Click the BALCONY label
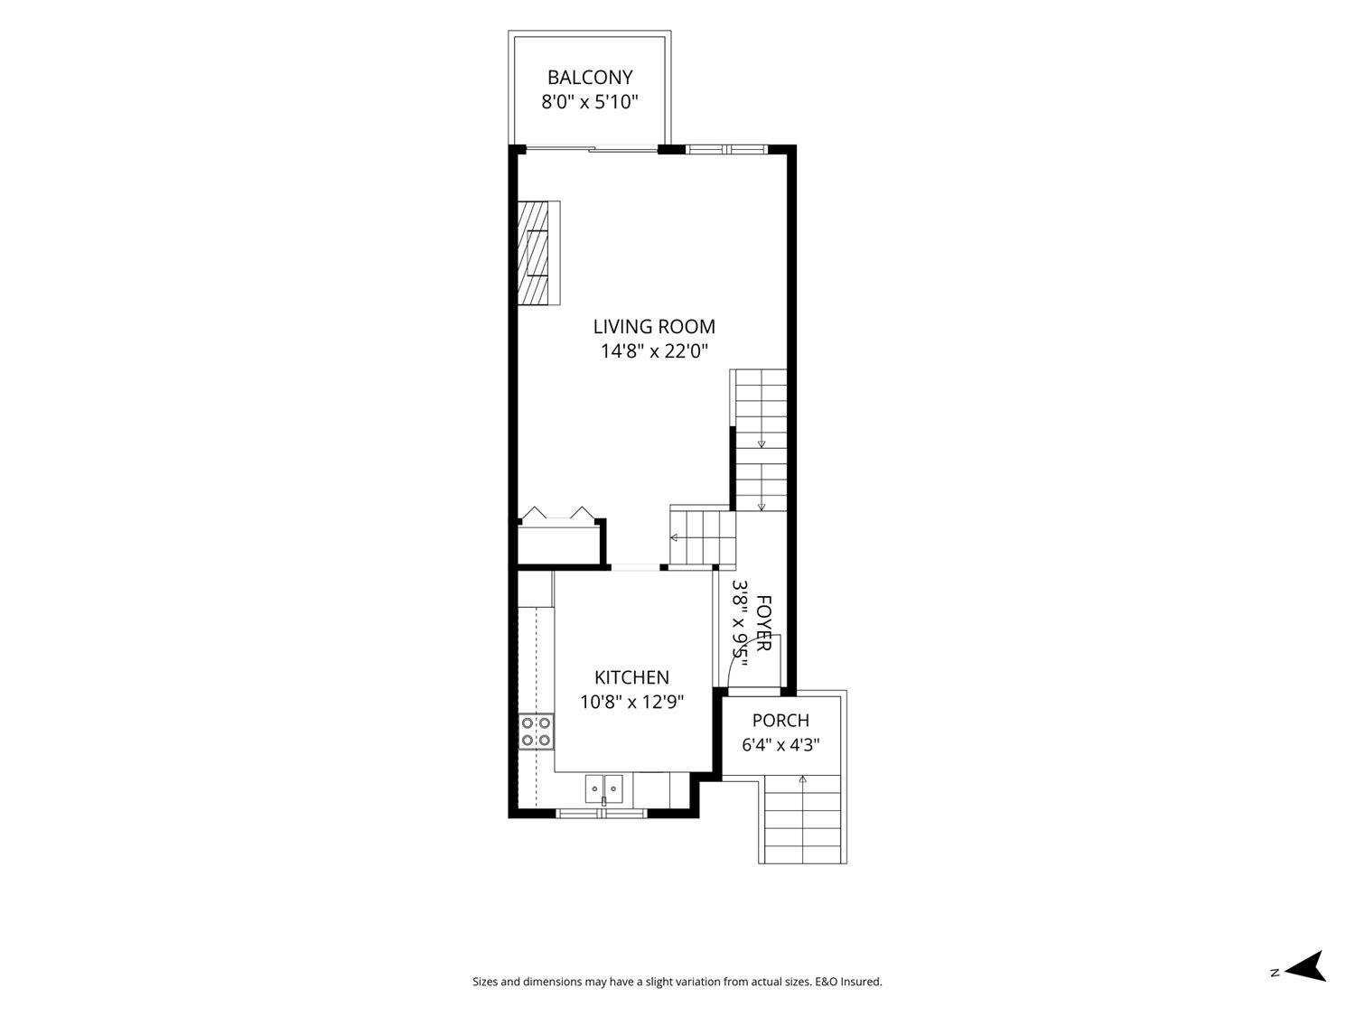[x=590, y=78]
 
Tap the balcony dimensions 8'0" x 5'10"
[x=590, y=102]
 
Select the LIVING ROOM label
[x=654, y=326]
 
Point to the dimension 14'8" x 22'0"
[x=654, y=351]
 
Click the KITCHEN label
[x=631, y=677]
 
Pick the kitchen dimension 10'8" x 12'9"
[x=631, y=702]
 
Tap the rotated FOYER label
[x=763, y=622]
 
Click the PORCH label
[x=780, y=720]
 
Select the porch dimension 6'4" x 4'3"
[x=780, y=745]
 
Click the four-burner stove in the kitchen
[x=536, y=732]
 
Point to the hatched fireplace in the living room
[x=538, y=253]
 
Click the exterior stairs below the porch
[x=802, y=819]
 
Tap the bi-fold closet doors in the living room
[x=558, y=514]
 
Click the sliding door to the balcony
[x=592, y=149]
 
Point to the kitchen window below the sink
[x=602, y=814]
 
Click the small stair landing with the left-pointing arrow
[x=703, y=536]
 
